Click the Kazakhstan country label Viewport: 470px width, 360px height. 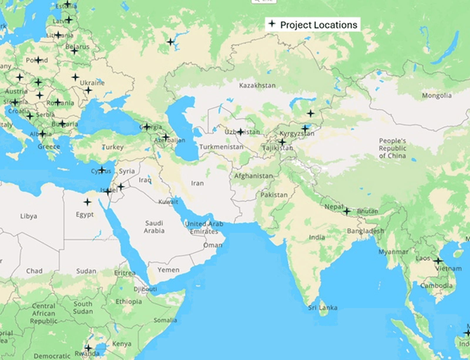click(x=257, y=85)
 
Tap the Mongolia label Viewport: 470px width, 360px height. click(x=437, y=95)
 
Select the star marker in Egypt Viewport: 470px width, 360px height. click(x=87, y=202)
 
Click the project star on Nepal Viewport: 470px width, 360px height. click(x=347, y=211)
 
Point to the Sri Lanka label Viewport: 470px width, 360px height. click(x=323, y=308)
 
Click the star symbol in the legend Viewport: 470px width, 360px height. click(x=272, y=24)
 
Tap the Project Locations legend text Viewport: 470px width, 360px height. click(x=319, y=25)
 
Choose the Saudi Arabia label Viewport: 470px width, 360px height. click(x=154, y=227)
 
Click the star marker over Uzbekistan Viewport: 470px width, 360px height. click(x=241, y=132)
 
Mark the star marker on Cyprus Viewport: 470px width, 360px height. click(x=102, y=170)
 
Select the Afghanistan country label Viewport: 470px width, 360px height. click(x=254, y=176)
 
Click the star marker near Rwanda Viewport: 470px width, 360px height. click(x=88, y=348)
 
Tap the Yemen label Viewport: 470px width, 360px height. click(x=168, y=270)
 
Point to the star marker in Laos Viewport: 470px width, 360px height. click(x=438, y=260)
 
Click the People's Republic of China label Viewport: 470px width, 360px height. click(x=392, y=148)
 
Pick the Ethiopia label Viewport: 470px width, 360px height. click(x=128, y=302)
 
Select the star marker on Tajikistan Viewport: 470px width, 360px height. click(x=282, y=142)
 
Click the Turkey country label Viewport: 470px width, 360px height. click(x=113, y=147)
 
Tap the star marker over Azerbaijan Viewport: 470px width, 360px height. click(x=166, y=137)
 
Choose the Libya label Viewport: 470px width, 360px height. click(x=28, y=216)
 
